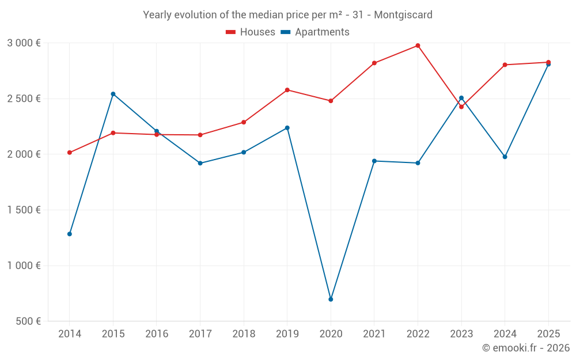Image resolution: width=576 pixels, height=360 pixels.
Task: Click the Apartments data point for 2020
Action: [x=331, y=300]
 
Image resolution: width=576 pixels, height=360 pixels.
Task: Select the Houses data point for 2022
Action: [x=418, y=46]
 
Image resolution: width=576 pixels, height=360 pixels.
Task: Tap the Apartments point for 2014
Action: [x=70, y=234]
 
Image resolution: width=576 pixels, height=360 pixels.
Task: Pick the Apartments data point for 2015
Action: [x=113, y=94]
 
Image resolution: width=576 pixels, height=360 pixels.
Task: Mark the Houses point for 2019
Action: [x=287, y=90]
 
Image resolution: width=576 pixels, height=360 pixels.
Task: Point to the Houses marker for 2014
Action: [x=70, y=153]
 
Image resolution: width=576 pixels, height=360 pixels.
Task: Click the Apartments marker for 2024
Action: [x=505, y=157]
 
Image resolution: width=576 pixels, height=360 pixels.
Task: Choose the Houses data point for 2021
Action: [x=374, y=63]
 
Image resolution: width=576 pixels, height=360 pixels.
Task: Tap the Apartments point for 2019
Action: [x=287, y=128]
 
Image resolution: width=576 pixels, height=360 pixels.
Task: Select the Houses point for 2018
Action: [x=244, y=122]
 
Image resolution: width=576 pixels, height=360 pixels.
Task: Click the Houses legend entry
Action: [x=251, y=32]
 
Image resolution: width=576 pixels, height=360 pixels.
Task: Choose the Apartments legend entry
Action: [x=315, y=32]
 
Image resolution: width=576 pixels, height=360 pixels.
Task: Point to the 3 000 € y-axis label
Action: [x=24, y=43]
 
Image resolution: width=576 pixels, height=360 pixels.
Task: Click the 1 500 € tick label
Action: [x=24, y=210]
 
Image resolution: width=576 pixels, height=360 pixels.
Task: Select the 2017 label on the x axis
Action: [x=200, y=334]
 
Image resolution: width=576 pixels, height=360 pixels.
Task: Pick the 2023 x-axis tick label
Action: [x=461, y=334]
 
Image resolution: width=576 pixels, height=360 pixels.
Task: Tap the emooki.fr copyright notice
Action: [x=525, y=348]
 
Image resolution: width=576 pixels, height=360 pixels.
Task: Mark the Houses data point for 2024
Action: [x=505, y=65]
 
